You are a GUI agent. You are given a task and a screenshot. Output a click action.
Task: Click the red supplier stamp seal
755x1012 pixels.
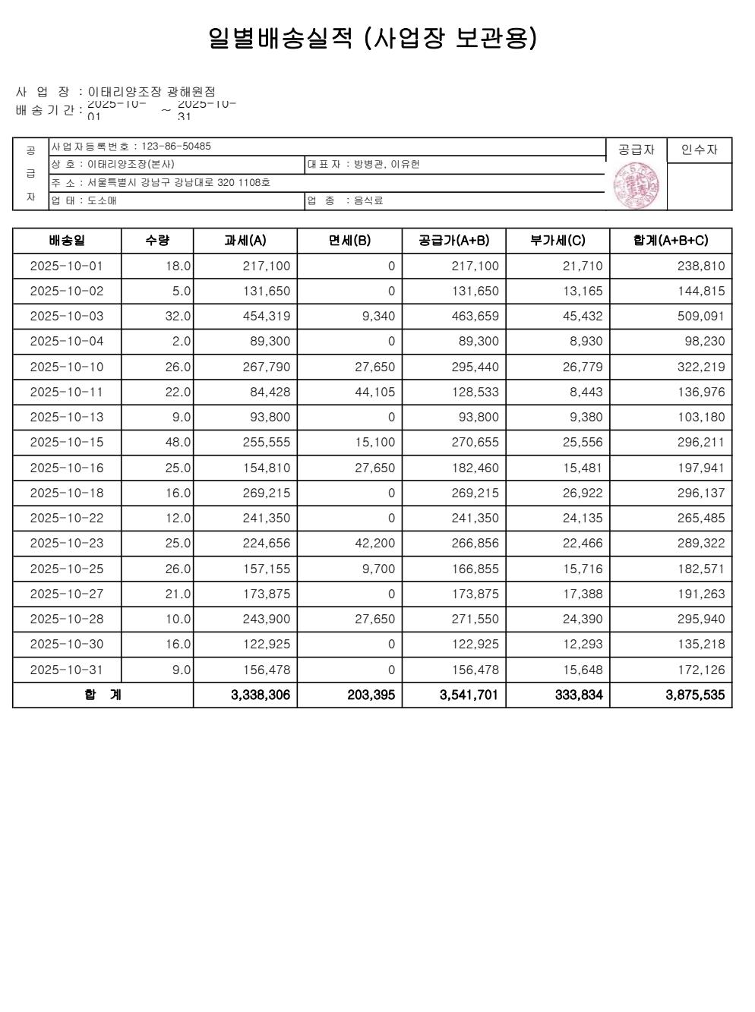[x=636, y=186]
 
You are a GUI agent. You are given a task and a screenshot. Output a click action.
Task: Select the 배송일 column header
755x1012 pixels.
[x=67, y=241]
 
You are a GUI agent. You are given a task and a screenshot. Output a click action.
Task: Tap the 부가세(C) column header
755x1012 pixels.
[x=558, y=241]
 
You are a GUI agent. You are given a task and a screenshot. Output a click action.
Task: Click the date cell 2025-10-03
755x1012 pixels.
[x=66, y=317]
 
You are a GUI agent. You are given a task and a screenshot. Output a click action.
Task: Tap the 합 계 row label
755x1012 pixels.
[x=103, y=695]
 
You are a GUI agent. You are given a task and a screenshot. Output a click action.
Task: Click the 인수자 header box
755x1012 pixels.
[x=699, y=150]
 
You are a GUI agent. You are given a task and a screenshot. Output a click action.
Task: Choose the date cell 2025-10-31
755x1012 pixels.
[x=66, y=670]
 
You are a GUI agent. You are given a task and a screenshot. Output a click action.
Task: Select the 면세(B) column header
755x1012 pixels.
[x=349, y=241]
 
